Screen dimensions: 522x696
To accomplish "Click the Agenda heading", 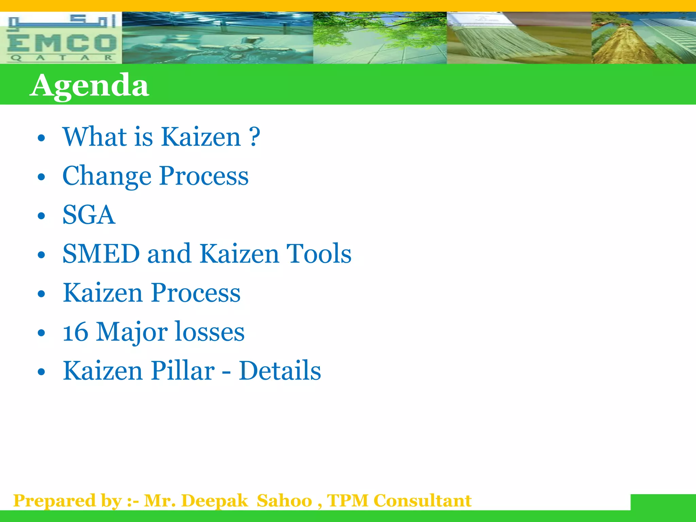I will [89, 85].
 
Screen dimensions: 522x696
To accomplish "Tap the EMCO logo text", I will [62, 43].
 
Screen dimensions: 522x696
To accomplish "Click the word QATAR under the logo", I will [62, 58].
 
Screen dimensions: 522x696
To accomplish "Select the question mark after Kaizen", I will [254, 137].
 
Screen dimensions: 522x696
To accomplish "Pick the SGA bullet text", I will [89, 215].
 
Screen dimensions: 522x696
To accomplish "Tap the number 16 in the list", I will [75, 332].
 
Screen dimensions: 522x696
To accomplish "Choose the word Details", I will [280, 370].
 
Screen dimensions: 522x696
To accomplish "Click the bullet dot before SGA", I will [41, 216].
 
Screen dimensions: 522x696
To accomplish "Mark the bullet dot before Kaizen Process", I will [41, 294].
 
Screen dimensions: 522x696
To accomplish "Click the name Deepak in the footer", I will [215, 501].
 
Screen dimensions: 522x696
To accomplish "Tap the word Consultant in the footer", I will [422, 501].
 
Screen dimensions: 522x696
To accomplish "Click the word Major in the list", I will [132, 332].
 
